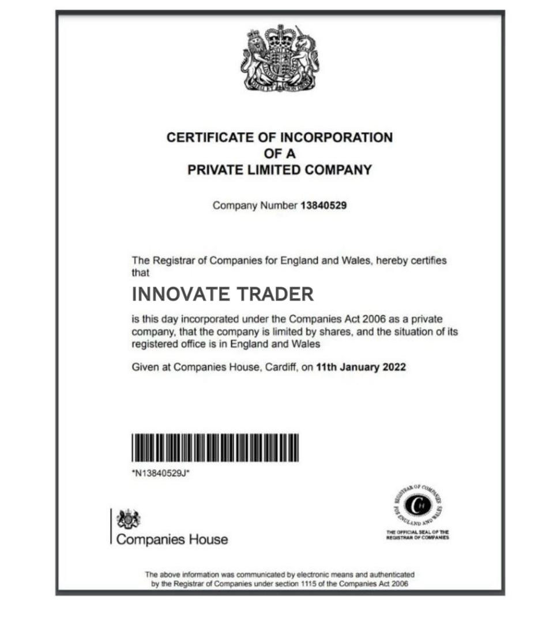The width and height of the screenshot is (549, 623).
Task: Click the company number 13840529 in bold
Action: (x=324, y=205)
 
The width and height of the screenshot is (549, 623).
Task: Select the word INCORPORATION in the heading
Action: (x=336, y=138)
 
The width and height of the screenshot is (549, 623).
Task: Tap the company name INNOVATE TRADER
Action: (x=223, y=294)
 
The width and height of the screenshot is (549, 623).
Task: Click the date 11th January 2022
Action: (x=361, y=367)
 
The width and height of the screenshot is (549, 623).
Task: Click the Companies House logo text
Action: (x=172, y=540)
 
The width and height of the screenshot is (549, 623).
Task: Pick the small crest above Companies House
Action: (x=128, y=519)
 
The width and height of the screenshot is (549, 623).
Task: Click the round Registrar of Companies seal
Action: (x=418, y=506)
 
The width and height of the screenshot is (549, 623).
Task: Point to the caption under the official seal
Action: (x=418, y=535)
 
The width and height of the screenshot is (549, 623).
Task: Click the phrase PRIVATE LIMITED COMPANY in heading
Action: (x=280, y=170)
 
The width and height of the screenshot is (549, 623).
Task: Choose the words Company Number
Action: (x=254, y=205)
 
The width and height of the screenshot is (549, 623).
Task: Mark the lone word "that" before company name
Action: (x=141, y=272)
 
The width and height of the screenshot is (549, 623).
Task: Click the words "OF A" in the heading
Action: (x=280, y=154)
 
